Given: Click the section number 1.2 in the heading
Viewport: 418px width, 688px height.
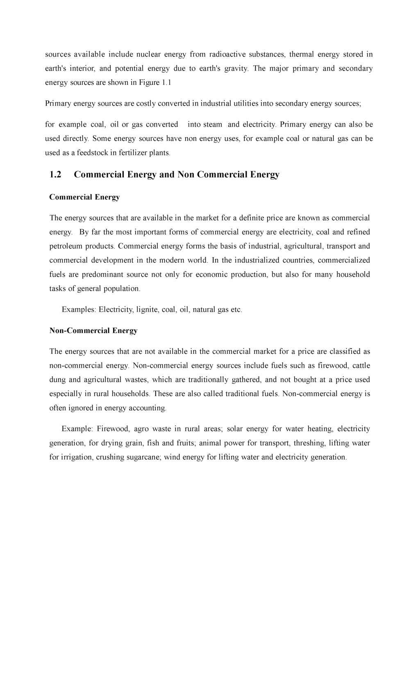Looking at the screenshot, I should (55, 175).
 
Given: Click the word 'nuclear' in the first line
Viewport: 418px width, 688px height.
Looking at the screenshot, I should (148, 54).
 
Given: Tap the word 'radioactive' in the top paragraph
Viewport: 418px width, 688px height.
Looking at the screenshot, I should (227, 54).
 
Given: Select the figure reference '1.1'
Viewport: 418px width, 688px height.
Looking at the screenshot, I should (166, 83).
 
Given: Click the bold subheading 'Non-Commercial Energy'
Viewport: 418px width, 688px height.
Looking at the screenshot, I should (93, 331).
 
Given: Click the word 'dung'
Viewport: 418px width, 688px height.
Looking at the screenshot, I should (57, 380).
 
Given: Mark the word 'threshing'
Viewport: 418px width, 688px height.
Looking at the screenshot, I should (309, 443).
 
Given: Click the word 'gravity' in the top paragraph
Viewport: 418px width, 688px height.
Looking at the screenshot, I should (236, 69).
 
